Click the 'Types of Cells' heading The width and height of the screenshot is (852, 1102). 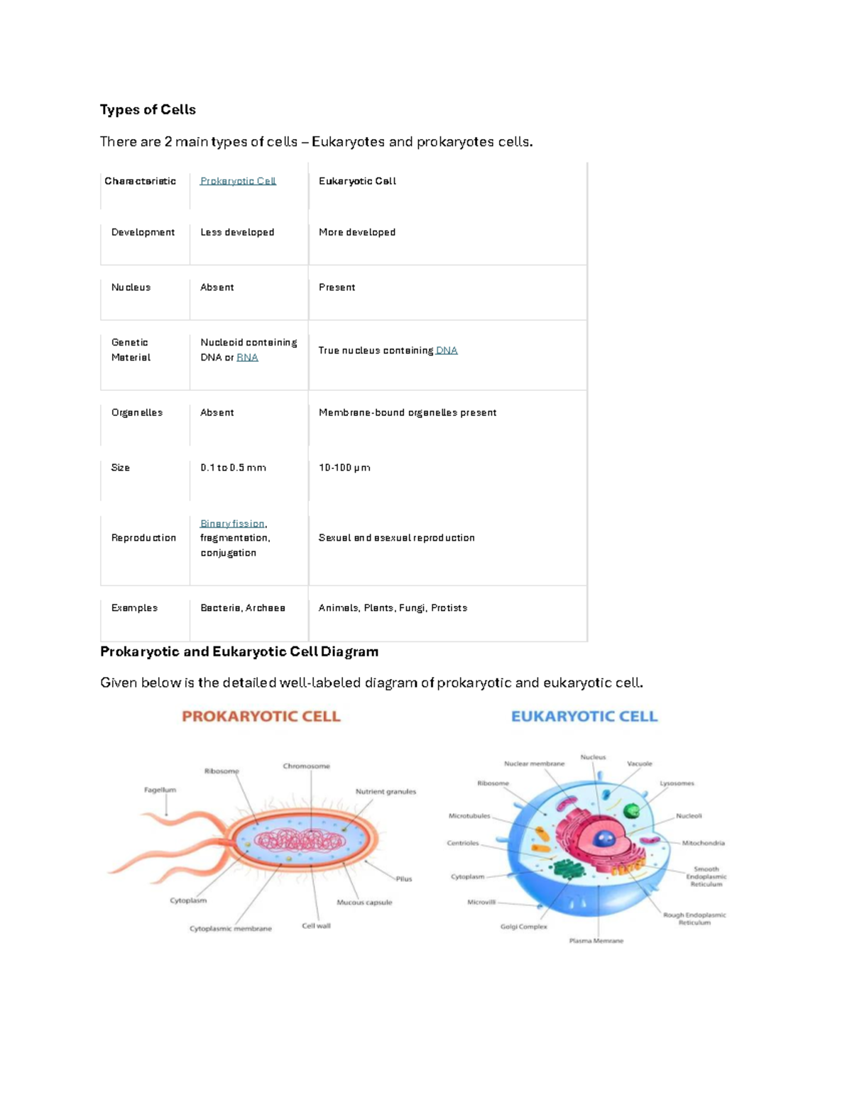tap(148, 109)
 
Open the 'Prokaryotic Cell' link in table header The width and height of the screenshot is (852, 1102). tap(238, 181)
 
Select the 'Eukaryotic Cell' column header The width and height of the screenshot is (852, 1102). tap(357, 181)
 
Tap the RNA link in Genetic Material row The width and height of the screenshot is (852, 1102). tap(247, 358)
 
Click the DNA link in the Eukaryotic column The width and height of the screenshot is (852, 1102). tap(447, 351)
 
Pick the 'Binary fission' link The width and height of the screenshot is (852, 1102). tap(232, 524)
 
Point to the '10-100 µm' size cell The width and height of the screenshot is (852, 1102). tap(344, 468)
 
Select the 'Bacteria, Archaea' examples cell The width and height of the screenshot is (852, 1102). tap(243, 608)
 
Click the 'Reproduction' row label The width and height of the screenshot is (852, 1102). tap(143, 538)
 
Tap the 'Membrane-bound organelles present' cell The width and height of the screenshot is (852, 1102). tap(408, 412)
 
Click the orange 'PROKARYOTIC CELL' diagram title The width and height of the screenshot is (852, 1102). tap(261, 717)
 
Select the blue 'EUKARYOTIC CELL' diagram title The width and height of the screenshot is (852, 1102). tap(584, 717)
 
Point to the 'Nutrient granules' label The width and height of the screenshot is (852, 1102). tap(386, 791)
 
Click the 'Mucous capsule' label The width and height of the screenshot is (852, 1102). tap(364, 903)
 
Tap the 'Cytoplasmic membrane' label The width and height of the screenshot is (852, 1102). tap(231, 928)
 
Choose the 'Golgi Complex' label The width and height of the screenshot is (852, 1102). tap(524, 926)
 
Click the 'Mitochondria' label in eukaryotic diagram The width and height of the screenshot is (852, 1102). tap(703, 843)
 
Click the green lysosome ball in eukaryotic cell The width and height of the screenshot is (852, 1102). tap(631, 810)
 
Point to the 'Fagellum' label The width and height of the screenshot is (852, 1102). tap(160, 790)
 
